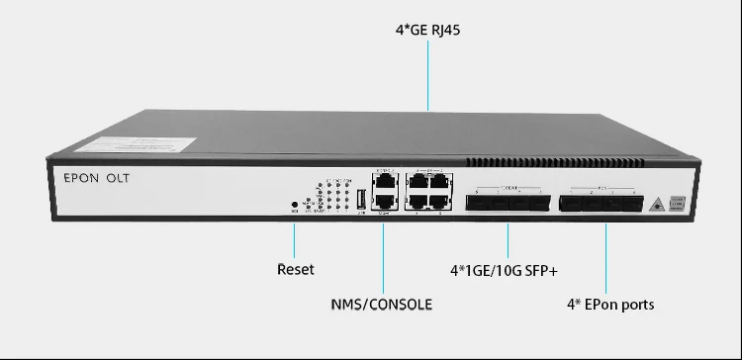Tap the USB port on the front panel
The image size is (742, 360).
tap(361, 197)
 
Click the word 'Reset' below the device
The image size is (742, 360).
tap(295, 268)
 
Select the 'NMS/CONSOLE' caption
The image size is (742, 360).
tap(382, 304)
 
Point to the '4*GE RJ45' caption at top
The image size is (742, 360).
tap(428, 31)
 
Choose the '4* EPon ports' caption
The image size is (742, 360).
tap(610, 304)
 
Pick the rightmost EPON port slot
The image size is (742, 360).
tap(623, 204)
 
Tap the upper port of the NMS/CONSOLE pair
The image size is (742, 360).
tap(385, 181)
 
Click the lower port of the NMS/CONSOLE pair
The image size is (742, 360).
tap(385, 200)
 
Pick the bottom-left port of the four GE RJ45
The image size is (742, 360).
tap(417, 200)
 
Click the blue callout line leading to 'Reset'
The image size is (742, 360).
tap(296, 237)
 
